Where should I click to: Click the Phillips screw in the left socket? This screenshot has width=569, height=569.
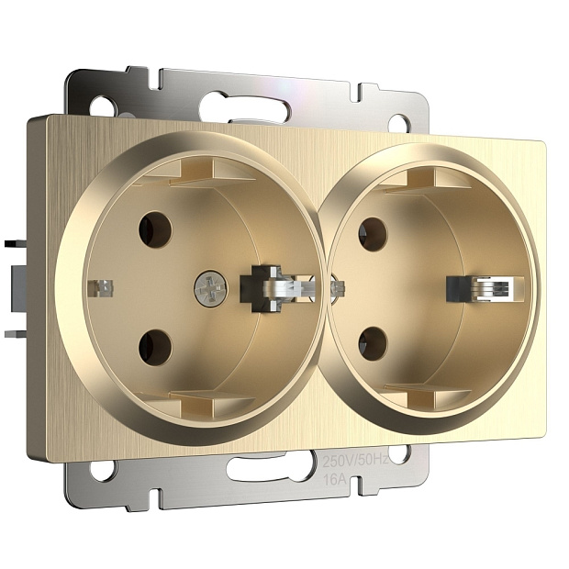coord(211,288)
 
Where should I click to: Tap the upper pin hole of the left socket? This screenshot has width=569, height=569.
coord(155,230)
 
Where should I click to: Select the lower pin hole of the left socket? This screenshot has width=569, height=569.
coord(155,348)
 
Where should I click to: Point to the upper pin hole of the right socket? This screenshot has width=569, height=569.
coord(373,234)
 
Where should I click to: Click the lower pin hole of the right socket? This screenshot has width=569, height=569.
coord(373,344)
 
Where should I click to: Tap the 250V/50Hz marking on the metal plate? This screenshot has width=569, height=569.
coord(356,461)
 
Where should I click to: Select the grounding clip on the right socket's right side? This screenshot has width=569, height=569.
coord(485,289)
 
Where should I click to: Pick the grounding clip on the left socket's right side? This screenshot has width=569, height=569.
coord(277,288)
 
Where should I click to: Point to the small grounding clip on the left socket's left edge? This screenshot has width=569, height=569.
coord(101,288)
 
